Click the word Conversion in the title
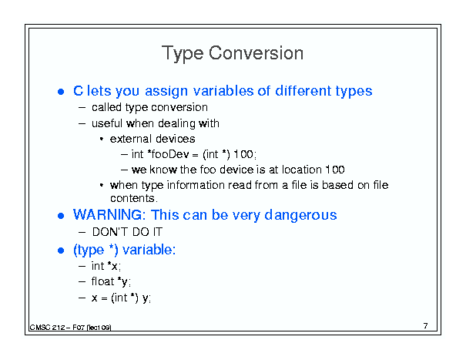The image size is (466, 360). click(256, 53)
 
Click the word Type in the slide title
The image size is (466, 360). click(183, 54)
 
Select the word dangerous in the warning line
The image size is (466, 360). click(300, 215)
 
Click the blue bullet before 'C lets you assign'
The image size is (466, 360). click(61, 92)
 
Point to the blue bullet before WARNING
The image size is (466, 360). click(61, 216)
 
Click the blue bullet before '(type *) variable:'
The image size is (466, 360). click(61, 251)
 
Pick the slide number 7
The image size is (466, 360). click(426, 326)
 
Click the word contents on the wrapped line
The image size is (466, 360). click(132, 198)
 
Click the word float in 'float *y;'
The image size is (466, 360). click(103, 281)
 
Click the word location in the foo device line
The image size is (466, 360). click(302, 170)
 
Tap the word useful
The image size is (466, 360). click(107, 123)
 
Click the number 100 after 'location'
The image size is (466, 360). click(335, 170)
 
